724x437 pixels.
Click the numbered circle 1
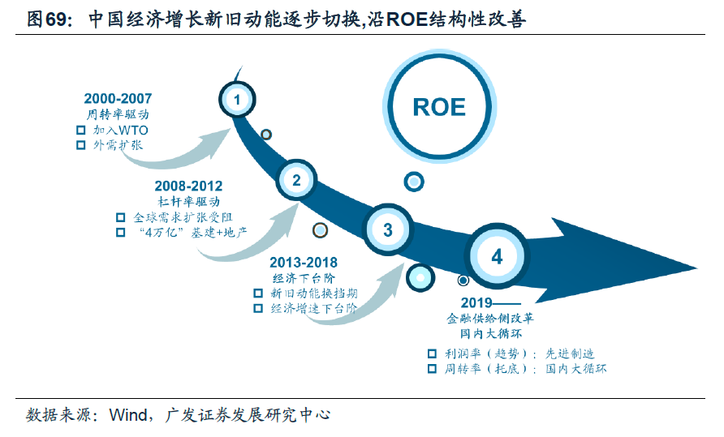click(x=236, y=100)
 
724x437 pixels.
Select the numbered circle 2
click(x=296, y=180)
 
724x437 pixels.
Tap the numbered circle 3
click(x=387, y=229)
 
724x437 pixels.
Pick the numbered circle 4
click(x=497, y=257)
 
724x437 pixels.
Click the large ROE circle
click(x=439, y=107)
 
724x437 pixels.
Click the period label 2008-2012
click(x=188, y=186)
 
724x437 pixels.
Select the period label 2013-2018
click(x=304, y=263)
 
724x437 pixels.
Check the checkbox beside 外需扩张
click(x=80, y=145)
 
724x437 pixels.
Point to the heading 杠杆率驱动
click(x=188, y=201)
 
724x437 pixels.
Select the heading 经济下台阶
click(x=304, y=278)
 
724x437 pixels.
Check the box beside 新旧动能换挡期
click(x=258, y=293)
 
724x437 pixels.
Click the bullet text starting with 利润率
click(x=519, y=353)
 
